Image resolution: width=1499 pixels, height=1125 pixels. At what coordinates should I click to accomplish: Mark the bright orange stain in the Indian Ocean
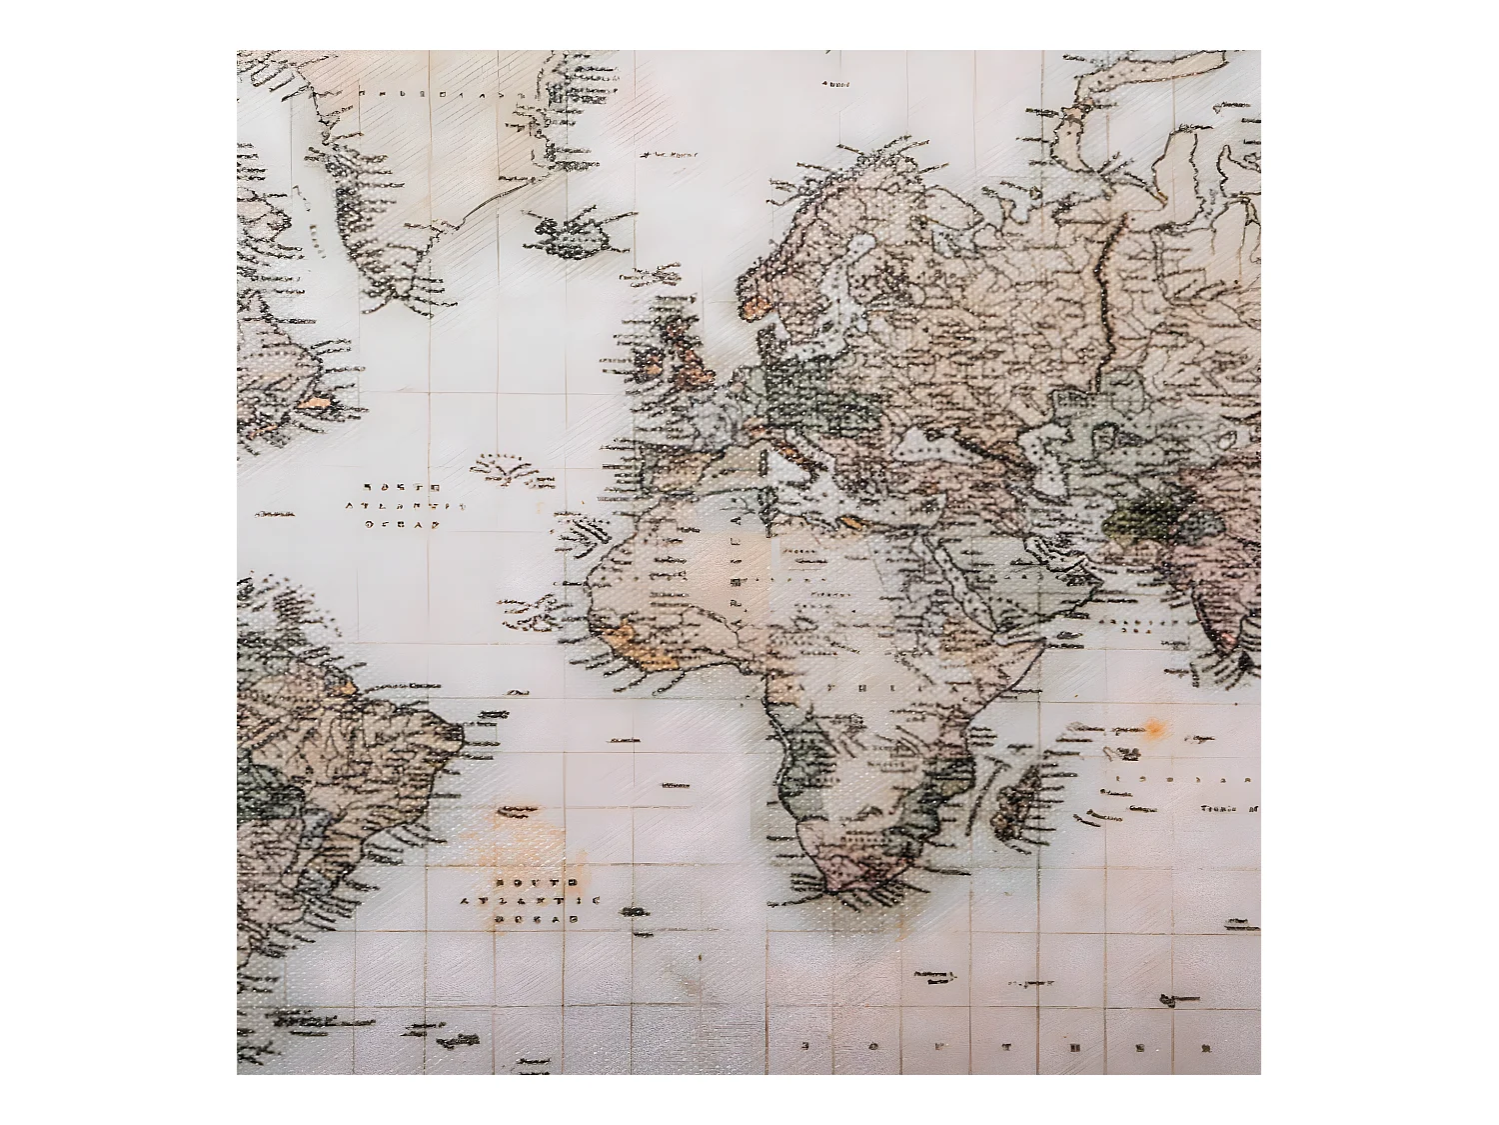[1155, 728]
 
